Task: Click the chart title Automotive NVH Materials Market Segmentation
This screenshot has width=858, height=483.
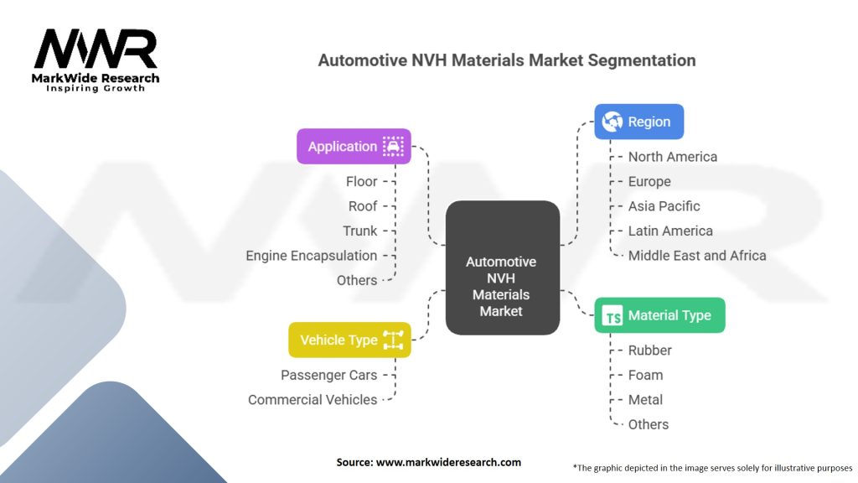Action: pos(506,60)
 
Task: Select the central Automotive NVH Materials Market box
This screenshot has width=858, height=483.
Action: pos(501,268)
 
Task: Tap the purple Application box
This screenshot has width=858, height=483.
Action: pos(354,146)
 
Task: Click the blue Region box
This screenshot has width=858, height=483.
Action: pos(638,122)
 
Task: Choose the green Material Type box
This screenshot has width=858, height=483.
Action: pos(659,315)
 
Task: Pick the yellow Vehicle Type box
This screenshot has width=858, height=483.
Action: pos(349,340)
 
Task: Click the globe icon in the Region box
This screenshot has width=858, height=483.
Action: pos(612,122)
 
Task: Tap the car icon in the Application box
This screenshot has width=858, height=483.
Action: pos(392,146)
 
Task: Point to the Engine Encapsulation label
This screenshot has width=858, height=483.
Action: pos(311,255)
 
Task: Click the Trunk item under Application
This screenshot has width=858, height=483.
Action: pos(360,231)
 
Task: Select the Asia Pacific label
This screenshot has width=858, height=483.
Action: pos(664,205)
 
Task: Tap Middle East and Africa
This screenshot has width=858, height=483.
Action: pos(696,255)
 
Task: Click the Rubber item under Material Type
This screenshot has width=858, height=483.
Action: pos(649,350)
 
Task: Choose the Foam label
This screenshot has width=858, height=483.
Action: pos(645,375)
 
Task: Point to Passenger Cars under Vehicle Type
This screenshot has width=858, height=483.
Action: pos(328,375)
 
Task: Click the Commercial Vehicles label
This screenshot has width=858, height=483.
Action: pos(313,399)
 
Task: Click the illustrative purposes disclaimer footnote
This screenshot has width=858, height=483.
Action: pos(712,467)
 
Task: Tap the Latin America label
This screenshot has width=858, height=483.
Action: pos(669,231)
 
